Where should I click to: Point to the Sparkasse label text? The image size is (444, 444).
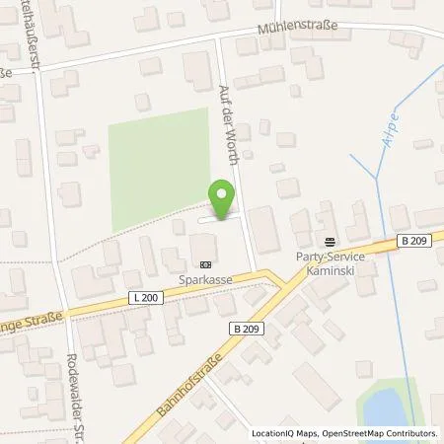[x=204, y=280]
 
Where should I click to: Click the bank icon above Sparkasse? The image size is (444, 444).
[x=204, y=264]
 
